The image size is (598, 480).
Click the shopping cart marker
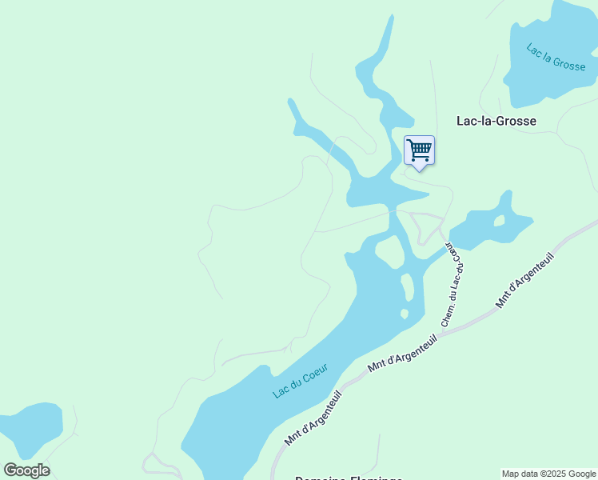(419, 150)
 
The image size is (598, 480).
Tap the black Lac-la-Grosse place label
(496, 121)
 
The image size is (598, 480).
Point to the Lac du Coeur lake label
(301, 380)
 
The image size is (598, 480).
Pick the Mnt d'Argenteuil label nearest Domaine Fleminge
(313, 418)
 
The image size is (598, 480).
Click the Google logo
(26, 470)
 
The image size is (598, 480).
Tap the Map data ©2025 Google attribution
(549, 474)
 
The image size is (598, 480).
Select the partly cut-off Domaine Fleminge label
(348, 478)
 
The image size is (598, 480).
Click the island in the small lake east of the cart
(499, 221)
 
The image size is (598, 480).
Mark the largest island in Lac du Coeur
(389, 253)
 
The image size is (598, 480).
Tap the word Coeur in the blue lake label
(315, 372)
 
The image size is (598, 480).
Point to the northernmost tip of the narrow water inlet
(393, 15)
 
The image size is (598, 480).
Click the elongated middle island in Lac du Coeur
(407, 286)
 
